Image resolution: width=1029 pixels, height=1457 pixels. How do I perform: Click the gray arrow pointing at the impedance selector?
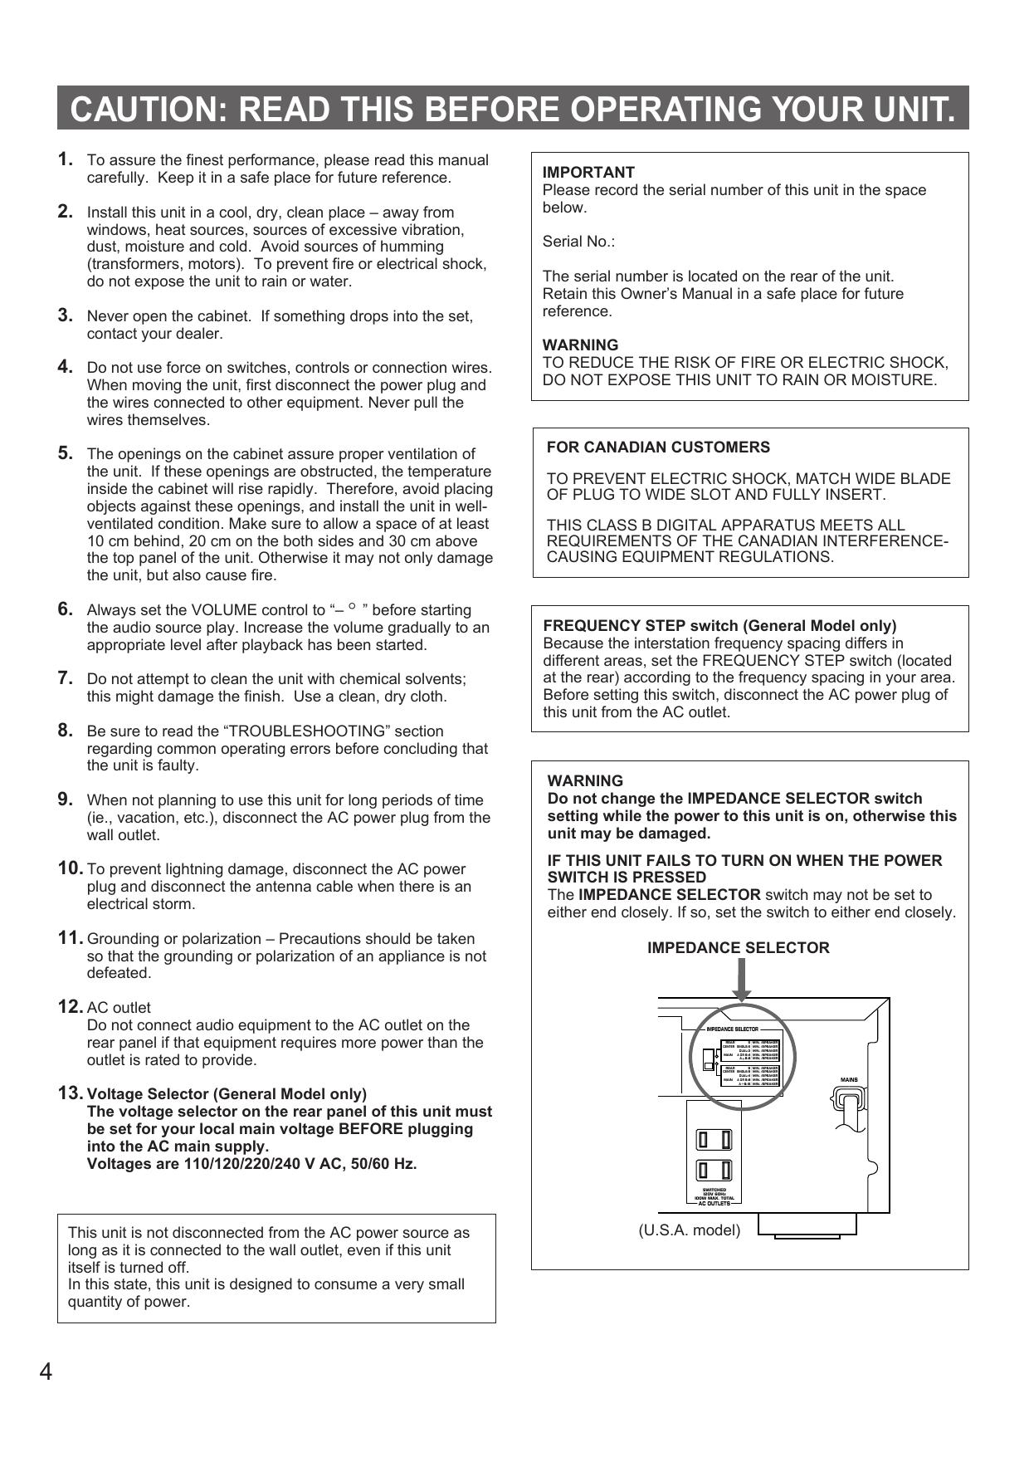(742, 980)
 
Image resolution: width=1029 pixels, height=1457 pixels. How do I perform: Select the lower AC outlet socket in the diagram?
(714, 1170)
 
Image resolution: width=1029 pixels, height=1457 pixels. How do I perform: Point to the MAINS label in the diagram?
(849, 1080)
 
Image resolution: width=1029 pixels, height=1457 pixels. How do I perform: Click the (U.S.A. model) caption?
(689, 1230)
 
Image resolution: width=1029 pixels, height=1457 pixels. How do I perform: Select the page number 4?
(46, 1371)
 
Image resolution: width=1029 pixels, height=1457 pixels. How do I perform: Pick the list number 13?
(70, 1093)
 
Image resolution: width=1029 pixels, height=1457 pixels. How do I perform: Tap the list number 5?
(66, 453)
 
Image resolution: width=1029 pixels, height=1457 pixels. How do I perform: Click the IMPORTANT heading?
(588, 173)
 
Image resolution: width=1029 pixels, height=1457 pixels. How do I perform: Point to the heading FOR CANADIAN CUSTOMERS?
(658, 447)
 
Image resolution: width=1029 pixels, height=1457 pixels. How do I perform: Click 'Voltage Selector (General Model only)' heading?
(227, 1094)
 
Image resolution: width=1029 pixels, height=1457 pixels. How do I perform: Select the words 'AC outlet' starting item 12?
(119, 1008)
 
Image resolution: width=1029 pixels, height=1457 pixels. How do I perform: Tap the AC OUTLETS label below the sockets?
(714, 1203)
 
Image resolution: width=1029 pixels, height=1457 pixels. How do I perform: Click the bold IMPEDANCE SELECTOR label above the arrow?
(738, 948)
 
